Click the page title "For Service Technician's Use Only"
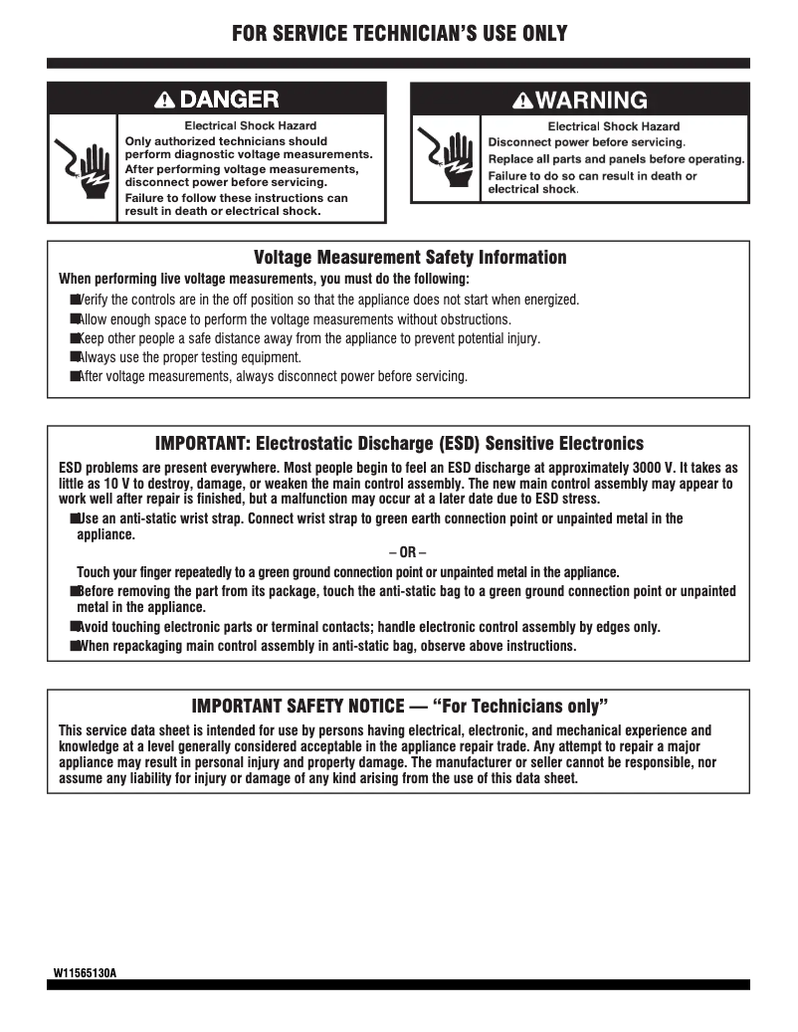click(x=399, y=34)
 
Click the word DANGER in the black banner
click(x=229, y=99)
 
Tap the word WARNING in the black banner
click(x=592, y=100)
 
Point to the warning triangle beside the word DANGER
click(x=165, y=99)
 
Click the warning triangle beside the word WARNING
click(x=522, y=101)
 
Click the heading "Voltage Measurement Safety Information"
click(x=410, y=258)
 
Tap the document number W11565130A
click(x=86, y=971)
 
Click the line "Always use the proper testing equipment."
click(x=189, y=357)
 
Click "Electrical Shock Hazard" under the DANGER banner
click(x=251, y=125)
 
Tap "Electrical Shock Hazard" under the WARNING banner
click(x=614, y=126)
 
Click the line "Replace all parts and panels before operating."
click(x=616, y=159)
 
